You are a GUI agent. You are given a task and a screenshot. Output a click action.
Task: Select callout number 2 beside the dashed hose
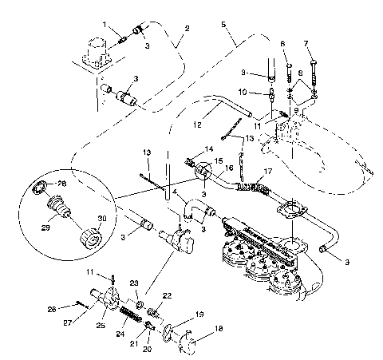187,29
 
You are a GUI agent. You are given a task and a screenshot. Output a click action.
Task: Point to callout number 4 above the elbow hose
175,192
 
